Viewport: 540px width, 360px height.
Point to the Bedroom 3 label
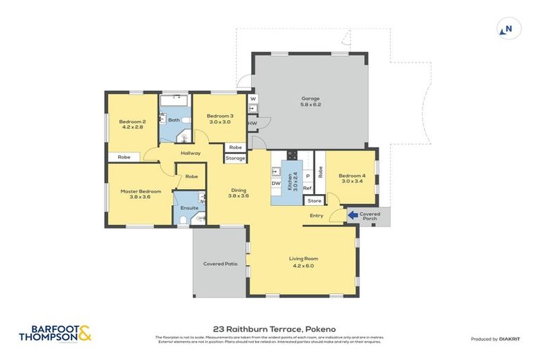pos(219,119)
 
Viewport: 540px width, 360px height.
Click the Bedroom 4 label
pos(352,179)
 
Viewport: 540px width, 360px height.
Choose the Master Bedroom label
pos(141,194)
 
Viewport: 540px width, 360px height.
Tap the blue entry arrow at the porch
pos(352,215)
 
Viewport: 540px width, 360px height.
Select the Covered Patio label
pos(220,264)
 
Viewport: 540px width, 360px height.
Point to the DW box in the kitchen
pos(276,184)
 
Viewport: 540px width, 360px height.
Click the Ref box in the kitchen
pos(307,188)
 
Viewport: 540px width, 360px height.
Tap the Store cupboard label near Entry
pos(314,201)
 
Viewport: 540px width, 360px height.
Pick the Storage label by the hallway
pos(236,158)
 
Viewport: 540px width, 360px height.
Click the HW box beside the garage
pos(252,123)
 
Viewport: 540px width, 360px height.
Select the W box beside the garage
pos(252,99)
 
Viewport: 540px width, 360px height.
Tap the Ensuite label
pos(189,207)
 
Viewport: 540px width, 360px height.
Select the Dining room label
pos(239,193)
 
